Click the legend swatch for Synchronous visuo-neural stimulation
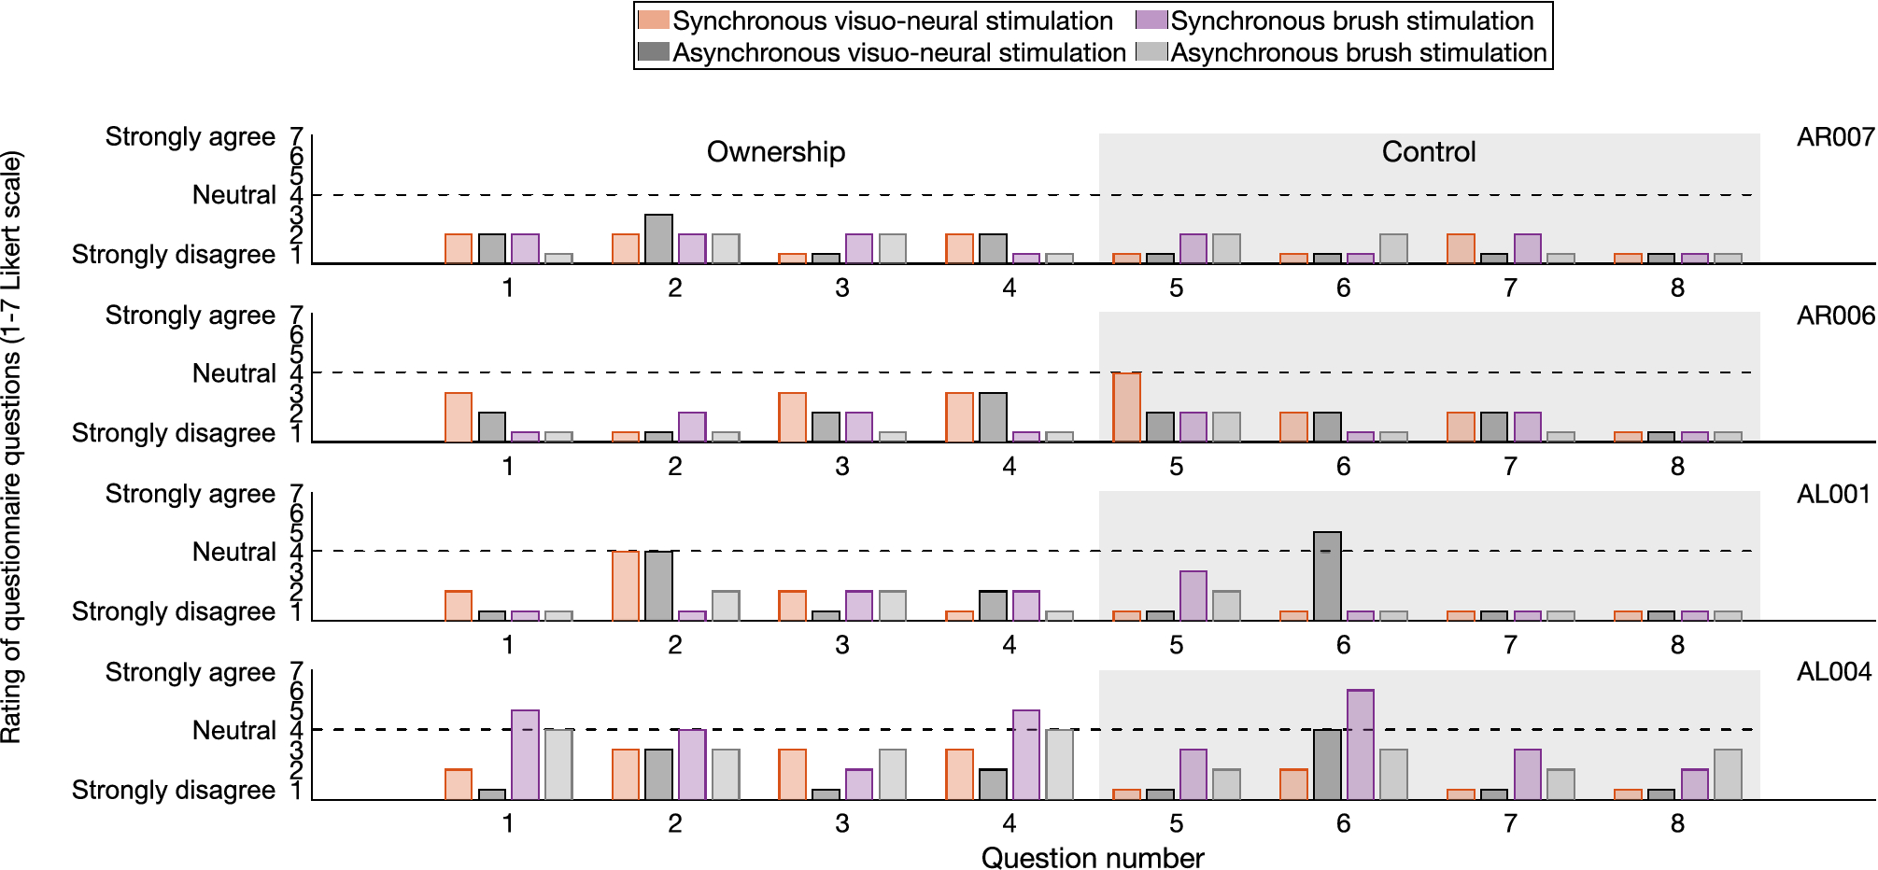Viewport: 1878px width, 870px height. coord(653,21)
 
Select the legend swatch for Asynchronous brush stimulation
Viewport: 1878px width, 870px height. coord(1151,52)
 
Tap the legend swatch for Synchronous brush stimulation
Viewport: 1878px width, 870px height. coord(1151,21)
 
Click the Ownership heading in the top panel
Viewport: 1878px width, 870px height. coord(775,151)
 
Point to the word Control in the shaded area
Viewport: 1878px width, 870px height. coord(1428,151)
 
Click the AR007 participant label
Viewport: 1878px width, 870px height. coord(1835,137)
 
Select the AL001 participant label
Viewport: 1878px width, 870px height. coord(1833,494)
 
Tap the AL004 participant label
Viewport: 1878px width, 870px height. coord(1833,671)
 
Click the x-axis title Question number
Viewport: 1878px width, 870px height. coord(1092,857)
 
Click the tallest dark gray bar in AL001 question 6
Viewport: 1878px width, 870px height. coord(1327,576)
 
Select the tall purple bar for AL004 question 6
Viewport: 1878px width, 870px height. coord(1360,744)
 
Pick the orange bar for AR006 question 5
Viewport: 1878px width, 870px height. coord(1126,407)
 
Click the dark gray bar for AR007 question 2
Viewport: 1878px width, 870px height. coord(658,239)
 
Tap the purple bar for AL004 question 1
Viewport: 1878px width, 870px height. coord(525,754)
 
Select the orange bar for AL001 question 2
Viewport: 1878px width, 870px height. coord(626,585)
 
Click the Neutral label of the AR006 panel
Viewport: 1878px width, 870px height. coord(233,373)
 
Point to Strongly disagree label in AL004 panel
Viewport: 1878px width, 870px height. coord(173,790)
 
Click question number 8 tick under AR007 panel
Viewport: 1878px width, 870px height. coord(1677,288)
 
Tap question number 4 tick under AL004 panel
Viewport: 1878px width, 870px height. coord(1009,823)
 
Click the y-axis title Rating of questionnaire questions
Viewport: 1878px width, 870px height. coord(11,448)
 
